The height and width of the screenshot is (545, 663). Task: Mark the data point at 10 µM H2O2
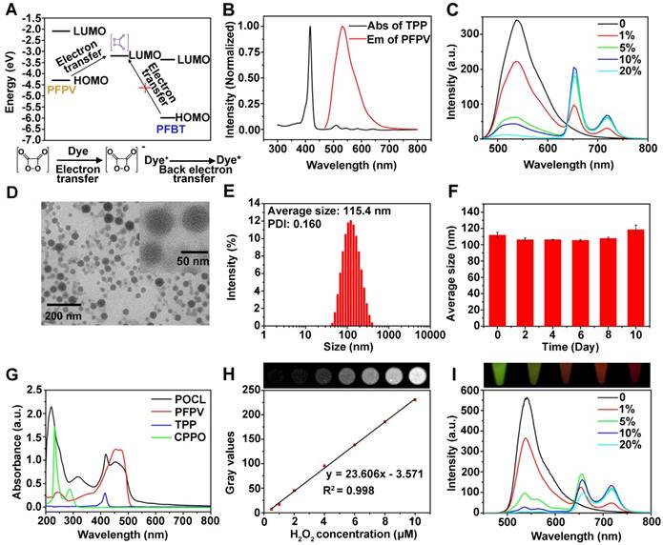coord(415,400)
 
